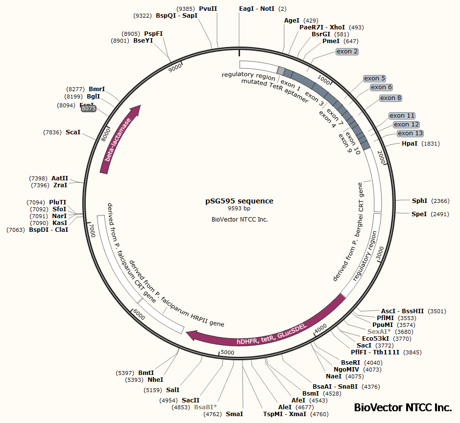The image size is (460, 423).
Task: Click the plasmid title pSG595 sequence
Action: click(239, 201)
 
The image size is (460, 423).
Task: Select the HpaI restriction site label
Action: click(410, 144)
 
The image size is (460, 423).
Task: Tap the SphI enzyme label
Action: click(419, 201)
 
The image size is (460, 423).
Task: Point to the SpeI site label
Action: click(419, 214)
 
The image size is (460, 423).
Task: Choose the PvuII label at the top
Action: click(208, 9)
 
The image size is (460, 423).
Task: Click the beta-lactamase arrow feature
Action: click(120, 140)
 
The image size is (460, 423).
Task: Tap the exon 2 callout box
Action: click(347, 51)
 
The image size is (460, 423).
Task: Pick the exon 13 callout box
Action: click(410, 133)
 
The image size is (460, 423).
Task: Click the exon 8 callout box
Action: click(391, 98)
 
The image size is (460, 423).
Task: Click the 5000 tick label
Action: click(228, 352)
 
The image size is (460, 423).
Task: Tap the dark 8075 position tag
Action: click(89, 109)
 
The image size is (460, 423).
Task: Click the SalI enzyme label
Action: click(172, 390)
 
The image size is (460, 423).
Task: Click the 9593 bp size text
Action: click(239, 209)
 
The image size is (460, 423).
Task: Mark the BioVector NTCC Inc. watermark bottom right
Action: click(403, 407)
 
